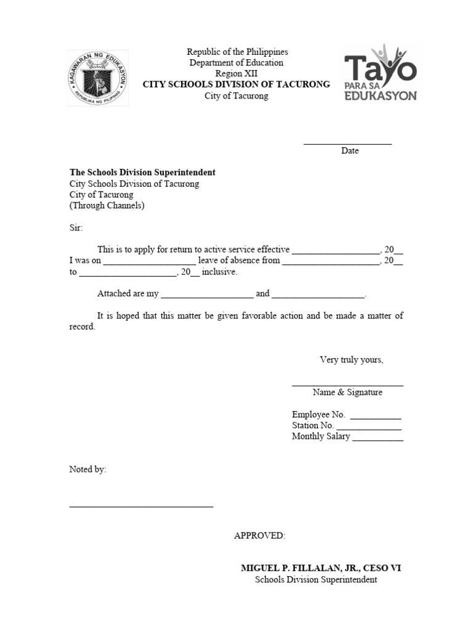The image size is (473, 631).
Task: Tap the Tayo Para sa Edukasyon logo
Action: [x=381, y=73]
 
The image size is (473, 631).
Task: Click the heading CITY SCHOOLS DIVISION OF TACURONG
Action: [x=236, y=84]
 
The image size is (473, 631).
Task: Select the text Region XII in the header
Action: [x=236, y=73]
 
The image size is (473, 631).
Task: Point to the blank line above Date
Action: [x=347, y=143]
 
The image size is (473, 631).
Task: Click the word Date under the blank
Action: [x=350, y=151]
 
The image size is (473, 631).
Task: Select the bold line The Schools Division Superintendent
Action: [x=142, y=173]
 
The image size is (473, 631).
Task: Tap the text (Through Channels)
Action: [x=107, y=206]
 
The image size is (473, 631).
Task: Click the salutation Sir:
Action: [x=75, y=228]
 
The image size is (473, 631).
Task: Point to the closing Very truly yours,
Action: [x=351, y=360]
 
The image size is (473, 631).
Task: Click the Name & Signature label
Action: [x=347, y=393]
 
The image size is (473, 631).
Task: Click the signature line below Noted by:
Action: [x=141, y=506]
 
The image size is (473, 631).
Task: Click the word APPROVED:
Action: [x=259, y=535]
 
